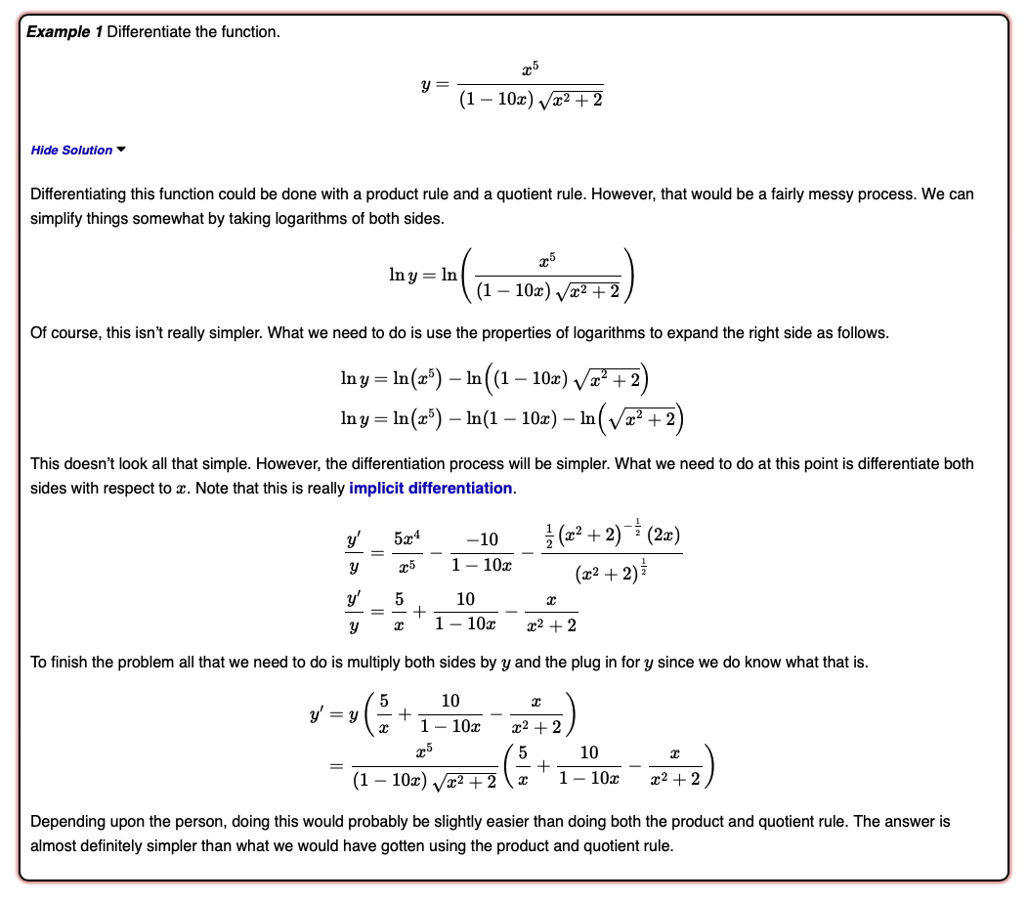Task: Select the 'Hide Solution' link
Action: tap(71, 150)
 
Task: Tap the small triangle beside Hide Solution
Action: tap(121, 150)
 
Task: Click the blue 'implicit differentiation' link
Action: tap(430, 488)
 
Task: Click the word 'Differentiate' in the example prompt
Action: tap(149, 32)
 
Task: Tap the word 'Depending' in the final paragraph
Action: tap(66, 822)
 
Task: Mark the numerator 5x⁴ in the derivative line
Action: tap(407, 537)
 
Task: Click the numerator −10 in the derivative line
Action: tap(483, 537)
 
